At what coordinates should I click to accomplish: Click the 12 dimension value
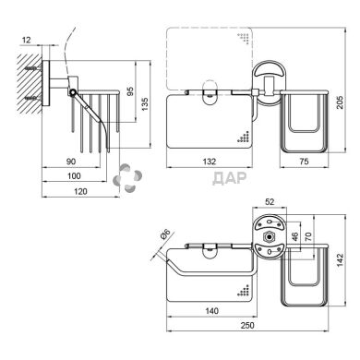point(27,40)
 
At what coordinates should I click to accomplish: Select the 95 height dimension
point(130,91)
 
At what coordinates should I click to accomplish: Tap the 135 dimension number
point(145,104)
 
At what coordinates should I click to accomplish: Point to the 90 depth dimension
point(71,161)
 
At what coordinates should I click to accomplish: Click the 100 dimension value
point(74,175)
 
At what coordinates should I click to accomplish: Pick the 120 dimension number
point(80,191)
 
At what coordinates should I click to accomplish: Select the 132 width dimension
point(210,161)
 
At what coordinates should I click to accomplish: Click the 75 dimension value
point(304,161)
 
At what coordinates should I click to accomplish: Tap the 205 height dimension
point(340,102)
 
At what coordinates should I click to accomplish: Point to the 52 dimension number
point(270,201)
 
